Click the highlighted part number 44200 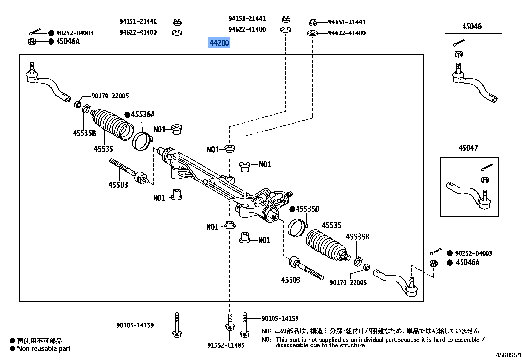pyautogui.click(x=219, y=43)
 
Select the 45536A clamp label pyautogui.click(x=143, y=115)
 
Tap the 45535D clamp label pyautogui.click(x=307, y=209)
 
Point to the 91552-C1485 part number pyautogui.click(x=226, y=345)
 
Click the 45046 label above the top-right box pyautogui.click(x=472, y=27)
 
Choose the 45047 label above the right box pyautogui.click(x=468, y=148)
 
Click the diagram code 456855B pyautogui.click(x=508, y=355)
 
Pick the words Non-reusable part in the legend pyautogui.click(x=44, y=349)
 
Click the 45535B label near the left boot pyautogui.click(x=84, y=133)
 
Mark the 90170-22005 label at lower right pyautogui.click(x=348, y=283)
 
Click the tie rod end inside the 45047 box pyautogui.click(x=470, y=194)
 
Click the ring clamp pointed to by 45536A pyautogui.click(x=142, y=141)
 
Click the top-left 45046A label pyautogui.click(x=68, y=41)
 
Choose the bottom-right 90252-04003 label pyautogui.click(x=473, y=253)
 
